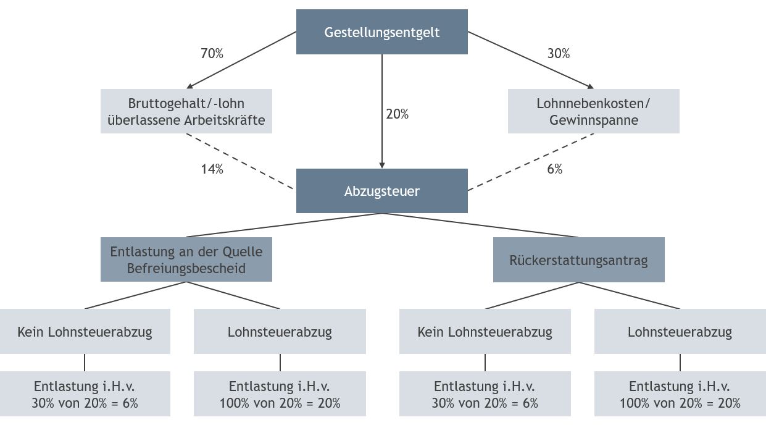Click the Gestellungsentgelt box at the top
pyautogui.click(x=381, y=32)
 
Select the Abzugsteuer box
pyautogui.click(x=381, y=191)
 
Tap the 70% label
pyautogui.click(x=212, y=53)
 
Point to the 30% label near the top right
pyautogui.click(x=559, y=53)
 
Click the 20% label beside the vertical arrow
pyautogui.click(x=398, y=114)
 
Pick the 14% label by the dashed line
pyautogui.click(x=212, y=169)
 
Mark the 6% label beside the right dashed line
pyautogui.click(x=555, y=169)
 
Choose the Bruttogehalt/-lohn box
pyautogui.click(x=186, y=111)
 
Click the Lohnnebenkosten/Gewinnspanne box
pyautogui.click(x=594, y=111)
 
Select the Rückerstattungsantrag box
pyautogui.click(x=578, y=259)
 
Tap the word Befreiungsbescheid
pyautogui.click(x=186, y=268)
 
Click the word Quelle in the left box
pyautogui.click(x=243, y=252)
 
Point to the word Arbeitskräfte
pyautogui.click(x=225, y=120)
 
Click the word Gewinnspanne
pyautogui.click(x=594, y=120)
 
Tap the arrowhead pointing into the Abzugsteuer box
pyautogui.click(x=382, y=166)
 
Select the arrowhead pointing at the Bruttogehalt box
pyautogui.click(x=189, y=86)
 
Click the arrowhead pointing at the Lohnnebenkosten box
pyautogui.click(x=590, y=86)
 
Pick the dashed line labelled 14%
pyautogui.click(x=239, y=161)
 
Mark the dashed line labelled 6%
pyautogui.click(x=531, y=162)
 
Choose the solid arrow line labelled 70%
pyautogui.click(x=241, y=60)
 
